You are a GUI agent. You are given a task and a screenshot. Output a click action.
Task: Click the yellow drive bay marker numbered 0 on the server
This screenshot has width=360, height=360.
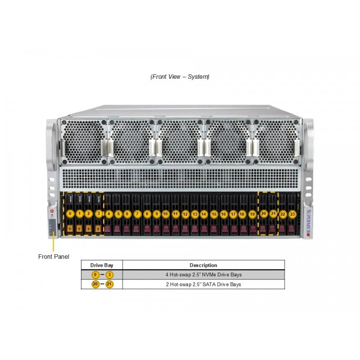click(70, 214)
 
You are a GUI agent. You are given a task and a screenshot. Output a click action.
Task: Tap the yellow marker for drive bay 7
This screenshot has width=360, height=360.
click(137, 214)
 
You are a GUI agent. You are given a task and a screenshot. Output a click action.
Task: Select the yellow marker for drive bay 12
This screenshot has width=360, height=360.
click(185, 215)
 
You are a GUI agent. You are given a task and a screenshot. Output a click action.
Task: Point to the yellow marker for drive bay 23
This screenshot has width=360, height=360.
click(292, 214)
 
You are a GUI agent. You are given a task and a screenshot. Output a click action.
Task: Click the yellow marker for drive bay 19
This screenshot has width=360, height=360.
click(252, 215)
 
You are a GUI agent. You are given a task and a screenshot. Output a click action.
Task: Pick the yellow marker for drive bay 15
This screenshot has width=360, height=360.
click(214, 215)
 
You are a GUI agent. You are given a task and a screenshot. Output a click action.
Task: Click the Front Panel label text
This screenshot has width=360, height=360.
click(54, 256)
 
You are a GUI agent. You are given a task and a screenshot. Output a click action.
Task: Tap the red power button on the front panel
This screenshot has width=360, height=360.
click(52, 211)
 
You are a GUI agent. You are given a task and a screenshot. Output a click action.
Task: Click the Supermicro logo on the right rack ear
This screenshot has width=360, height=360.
click(309, 223)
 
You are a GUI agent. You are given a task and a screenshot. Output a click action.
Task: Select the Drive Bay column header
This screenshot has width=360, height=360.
click(102, 265)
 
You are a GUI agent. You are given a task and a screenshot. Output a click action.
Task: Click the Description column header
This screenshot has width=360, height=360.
click(203, 265)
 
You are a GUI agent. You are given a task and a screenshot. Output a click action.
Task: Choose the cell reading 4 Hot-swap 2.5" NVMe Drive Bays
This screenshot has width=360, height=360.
click(204, 274)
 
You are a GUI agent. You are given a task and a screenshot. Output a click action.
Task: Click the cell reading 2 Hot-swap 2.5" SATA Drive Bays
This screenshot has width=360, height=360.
click(204, 284)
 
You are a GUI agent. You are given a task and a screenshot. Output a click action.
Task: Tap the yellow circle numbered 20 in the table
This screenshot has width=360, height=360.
click(95, 284)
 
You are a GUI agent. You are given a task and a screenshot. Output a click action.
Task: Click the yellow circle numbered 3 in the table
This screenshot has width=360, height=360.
click(109, 274)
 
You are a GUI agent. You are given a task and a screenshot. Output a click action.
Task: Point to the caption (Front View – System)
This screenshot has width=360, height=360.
click(180, 76)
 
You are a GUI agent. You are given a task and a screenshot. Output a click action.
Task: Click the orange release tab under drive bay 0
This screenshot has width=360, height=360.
click(70, 229)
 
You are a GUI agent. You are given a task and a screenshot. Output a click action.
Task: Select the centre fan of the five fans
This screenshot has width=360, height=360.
click(180, 142)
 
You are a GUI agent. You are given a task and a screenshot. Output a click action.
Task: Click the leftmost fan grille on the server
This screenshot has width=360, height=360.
click(84, 142)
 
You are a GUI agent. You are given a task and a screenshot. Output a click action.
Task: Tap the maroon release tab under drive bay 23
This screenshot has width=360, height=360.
click(291, 229)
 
